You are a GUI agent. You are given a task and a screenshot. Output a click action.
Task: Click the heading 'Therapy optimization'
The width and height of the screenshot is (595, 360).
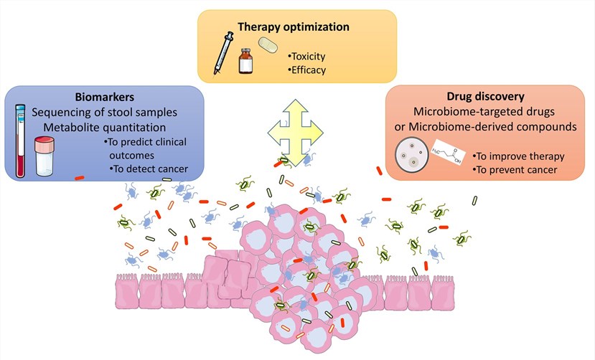point(295,27)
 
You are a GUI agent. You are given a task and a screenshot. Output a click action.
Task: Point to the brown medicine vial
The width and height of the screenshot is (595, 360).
point(247,62)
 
